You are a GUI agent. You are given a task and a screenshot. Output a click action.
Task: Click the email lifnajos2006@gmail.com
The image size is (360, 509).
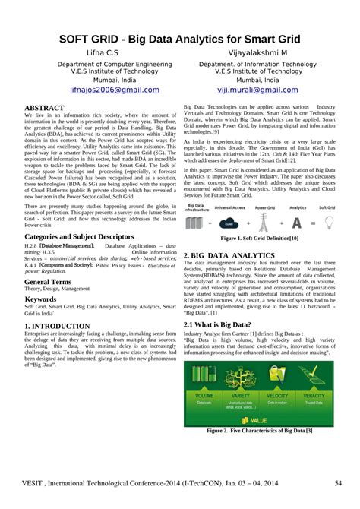[x=115, y=89]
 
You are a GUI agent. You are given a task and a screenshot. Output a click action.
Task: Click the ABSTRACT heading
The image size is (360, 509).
[x=45, y=108]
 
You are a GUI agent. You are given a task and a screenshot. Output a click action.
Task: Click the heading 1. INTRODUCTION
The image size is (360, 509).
[x=58, y=325]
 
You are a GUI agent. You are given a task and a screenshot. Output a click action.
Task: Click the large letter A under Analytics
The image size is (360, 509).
[x=297, y=223]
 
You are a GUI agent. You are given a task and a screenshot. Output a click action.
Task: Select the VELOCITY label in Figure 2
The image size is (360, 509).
[x=277, y=395]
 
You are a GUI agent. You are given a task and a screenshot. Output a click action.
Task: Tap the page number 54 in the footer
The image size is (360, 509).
[x=337, y=483]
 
